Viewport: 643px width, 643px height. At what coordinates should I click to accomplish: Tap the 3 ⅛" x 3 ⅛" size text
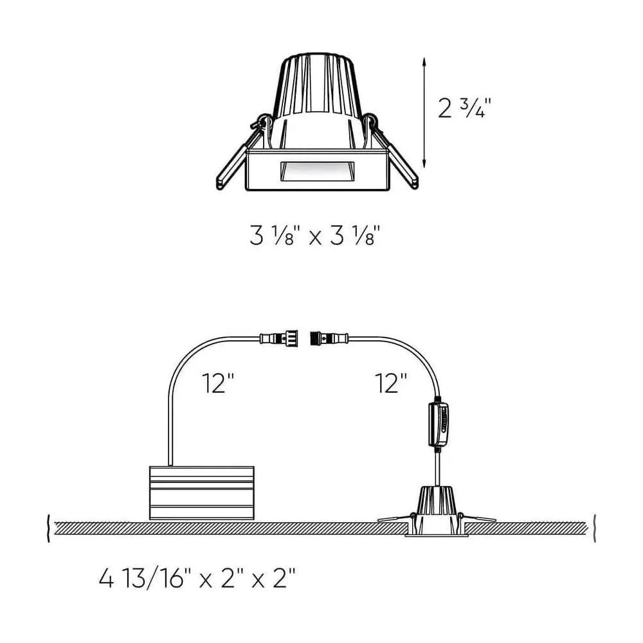click(320, 236)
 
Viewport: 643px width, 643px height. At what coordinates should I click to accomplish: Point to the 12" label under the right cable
click(391, 384)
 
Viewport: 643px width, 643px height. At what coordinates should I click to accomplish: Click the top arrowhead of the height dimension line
click(424, 62)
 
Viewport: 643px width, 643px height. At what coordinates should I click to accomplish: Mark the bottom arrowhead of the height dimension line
click(424, 165)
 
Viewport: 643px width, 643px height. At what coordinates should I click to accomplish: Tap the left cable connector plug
click(280, 337)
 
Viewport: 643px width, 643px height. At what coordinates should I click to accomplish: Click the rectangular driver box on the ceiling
click(201, 493)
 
